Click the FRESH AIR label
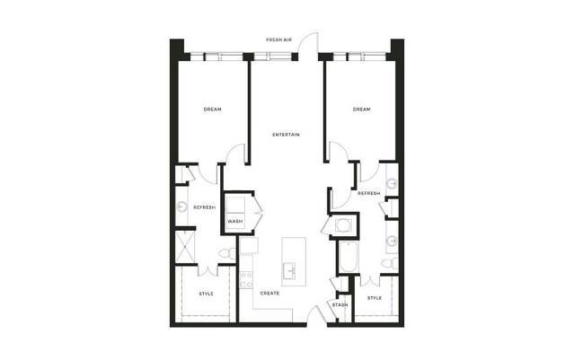(278, 40)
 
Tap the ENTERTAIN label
(286, 135)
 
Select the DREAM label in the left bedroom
(212, 109)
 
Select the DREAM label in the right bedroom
(361, 109)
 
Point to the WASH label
(234, 222)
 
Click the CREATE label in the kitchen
(269, 293)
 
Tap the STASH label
(340, 304)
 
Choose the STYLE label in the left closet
(206, 294)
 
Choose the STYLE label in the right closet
(374, 298)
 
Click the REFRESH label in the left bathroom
(204, 207)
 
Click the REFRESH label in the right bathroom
(368, 193)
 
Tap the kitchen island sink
(289, 271)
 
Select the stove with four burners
(246, 280)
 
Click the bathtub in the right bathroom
(348, 257)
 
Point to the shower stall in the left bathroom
(185, 247)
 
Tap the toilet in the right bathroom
(390, 263)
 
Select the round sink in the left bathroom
(182, 207)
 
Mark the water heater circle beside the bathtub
(344, 225)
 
